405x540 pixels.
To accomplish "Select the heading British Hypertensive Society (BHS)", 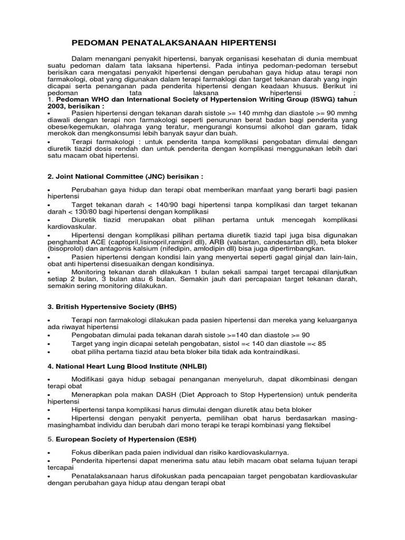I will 111,306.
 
